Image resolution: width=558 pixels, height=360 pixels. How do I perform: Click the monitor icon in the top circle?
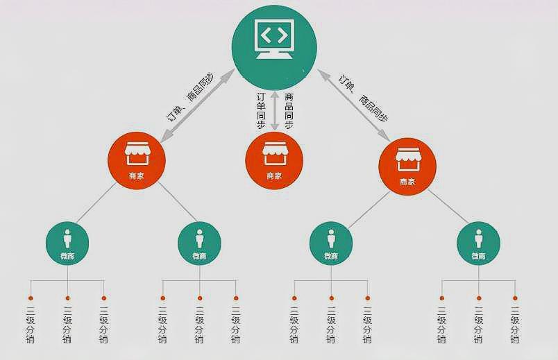pos(275,40)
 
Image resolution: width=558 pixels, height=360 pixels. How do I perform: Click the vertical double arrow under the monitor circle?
pos(275,112)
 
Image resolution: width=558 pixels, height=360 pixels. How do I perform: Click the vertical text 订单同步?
pos(260,111)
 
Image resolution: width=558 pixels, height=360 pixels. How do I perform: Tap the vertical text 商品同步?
pos(289,111)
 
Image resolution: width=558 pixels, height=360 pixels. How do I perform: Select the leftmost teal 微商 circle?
pos(67,243)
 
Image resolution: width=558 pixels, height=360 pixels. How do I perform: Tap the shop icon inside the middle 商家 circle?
pos(274,153)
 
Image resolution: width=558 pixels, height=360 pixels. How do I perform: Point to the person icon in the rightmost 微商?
pos(478,237)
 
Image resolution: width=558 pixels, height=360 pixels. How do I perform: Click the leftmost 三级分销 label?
pos(31,325)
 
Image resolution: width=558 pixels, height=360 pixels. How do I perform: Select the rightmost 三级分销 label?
pos(515,325)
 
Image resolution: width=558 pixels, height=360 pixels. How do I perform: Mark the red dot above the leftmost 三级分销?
pos(31,298)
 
